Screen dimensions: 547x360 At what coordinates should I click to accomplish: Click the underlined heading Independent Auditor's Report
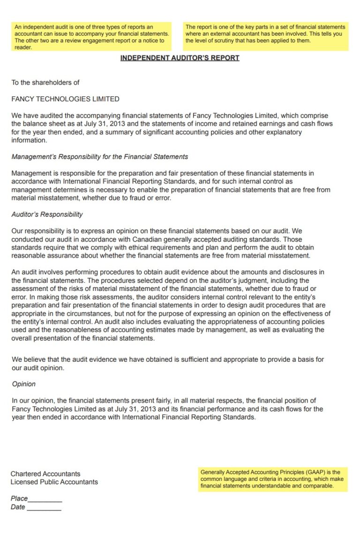coord(180,58)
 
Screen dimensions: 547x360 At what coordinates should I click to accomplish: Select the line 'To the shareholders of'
coord(45,83)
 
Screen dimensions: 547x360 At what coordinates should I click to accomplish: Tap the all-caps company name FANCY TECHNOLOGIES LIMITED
coord(65,99)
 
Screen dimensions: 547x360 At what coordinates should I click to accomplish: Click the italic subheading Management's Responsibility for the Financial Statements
coord(99,157)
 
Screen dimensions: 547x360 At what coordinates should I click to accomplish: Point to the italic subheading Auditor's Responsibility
coord(47,214)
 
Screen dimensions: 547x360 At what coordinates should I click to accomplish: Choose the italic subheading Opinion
coord(23,384)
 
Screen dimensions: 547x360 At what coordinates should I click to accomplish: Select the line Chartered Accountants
coord(45,474)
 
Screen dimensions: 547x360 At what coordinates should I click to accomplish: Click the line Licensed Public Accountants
coord(54,482)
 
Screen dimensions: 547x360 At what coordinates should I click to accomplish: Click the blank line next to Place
coord(45,500)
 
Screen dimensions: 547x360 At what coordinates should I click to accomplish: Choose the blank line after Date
coord(44,508)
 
